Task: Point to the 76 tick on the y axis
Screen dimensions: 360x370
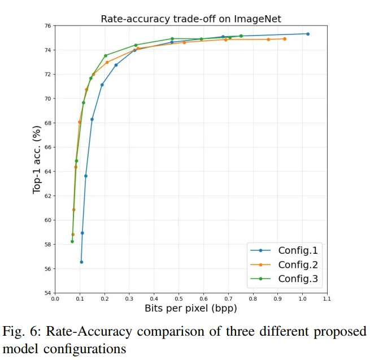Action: tap(47, 26)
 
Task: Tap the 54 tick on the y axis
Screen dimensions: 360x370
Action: tap(47, 293)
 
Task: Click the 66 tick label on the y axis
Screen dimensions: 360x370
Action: tap(47, 148)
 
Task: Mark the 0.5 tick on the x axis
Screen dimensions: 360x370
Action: tap(179, 300)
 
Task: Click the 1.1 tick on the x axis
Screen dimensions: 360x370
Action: tap(327, 300)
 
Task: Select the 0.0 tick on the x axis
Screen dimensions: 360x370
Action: tap(55, 300)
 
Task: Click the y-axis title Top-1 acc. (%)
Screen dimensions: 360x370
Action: tap(37, 159)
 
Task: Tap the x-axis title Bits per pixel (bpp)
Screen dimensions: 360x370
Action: tap(190, 309)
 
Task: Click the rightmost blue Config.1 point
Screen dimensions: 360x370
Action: tap(308, 34)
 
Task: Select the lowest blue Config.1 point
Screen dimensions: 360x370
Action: tap(81, 262)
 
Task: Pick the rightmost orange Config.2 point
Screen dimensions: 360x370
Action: tap(285, 39)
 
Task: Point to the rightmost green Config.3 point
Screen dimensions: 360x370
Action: tap(241, 36)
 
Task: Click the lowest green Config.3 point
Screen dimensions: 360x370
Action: tap(72, 241)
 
